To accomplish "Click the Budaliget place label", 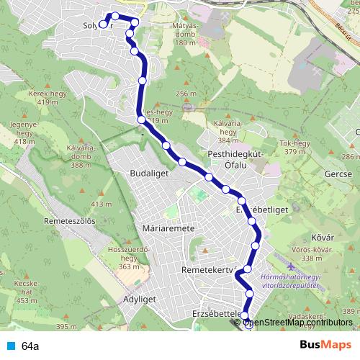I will [x=149, y=174].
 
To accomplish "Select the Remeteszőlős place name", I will [x=70, y=221].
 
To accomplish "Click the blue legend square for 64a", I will [x=9, y=346].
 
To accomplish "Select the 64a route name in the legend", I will [x=30, y=346].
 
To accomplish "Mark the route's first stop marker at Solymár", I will [x=102, y=24].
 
